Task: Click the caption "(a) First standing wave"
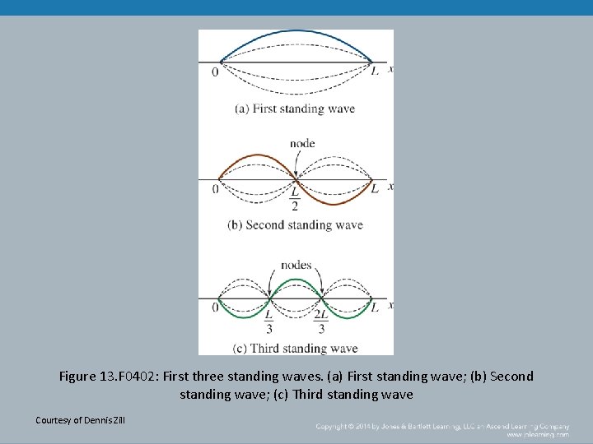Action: (x=295, y=109)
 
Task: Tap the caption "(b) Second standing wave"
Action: (x=295, y=225)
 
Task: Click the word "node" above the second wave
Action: (x=302, y=143)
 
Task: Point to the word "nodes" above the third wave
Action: (x=296, y=265)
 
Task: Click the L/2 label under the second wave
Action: (x=295, y=198)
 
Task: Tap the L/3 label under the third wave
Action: (x=269, y=321)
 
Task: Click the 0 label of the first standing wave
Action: (x=215, y=72)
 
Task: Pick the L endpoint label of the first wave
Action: (x=375, y=72)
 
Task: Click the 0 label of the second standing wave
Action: (x=215, y=189)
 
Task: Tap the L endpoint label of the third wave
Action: (x=375, y=308)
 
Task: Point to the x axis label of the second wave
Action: (x=390, y=187)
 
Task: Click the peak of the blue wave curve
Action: (x=296, y=32)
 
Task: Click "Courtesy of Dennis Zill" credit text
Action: (x=81, y=421)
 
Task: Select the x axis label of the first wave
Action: (x=390, y=69)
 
